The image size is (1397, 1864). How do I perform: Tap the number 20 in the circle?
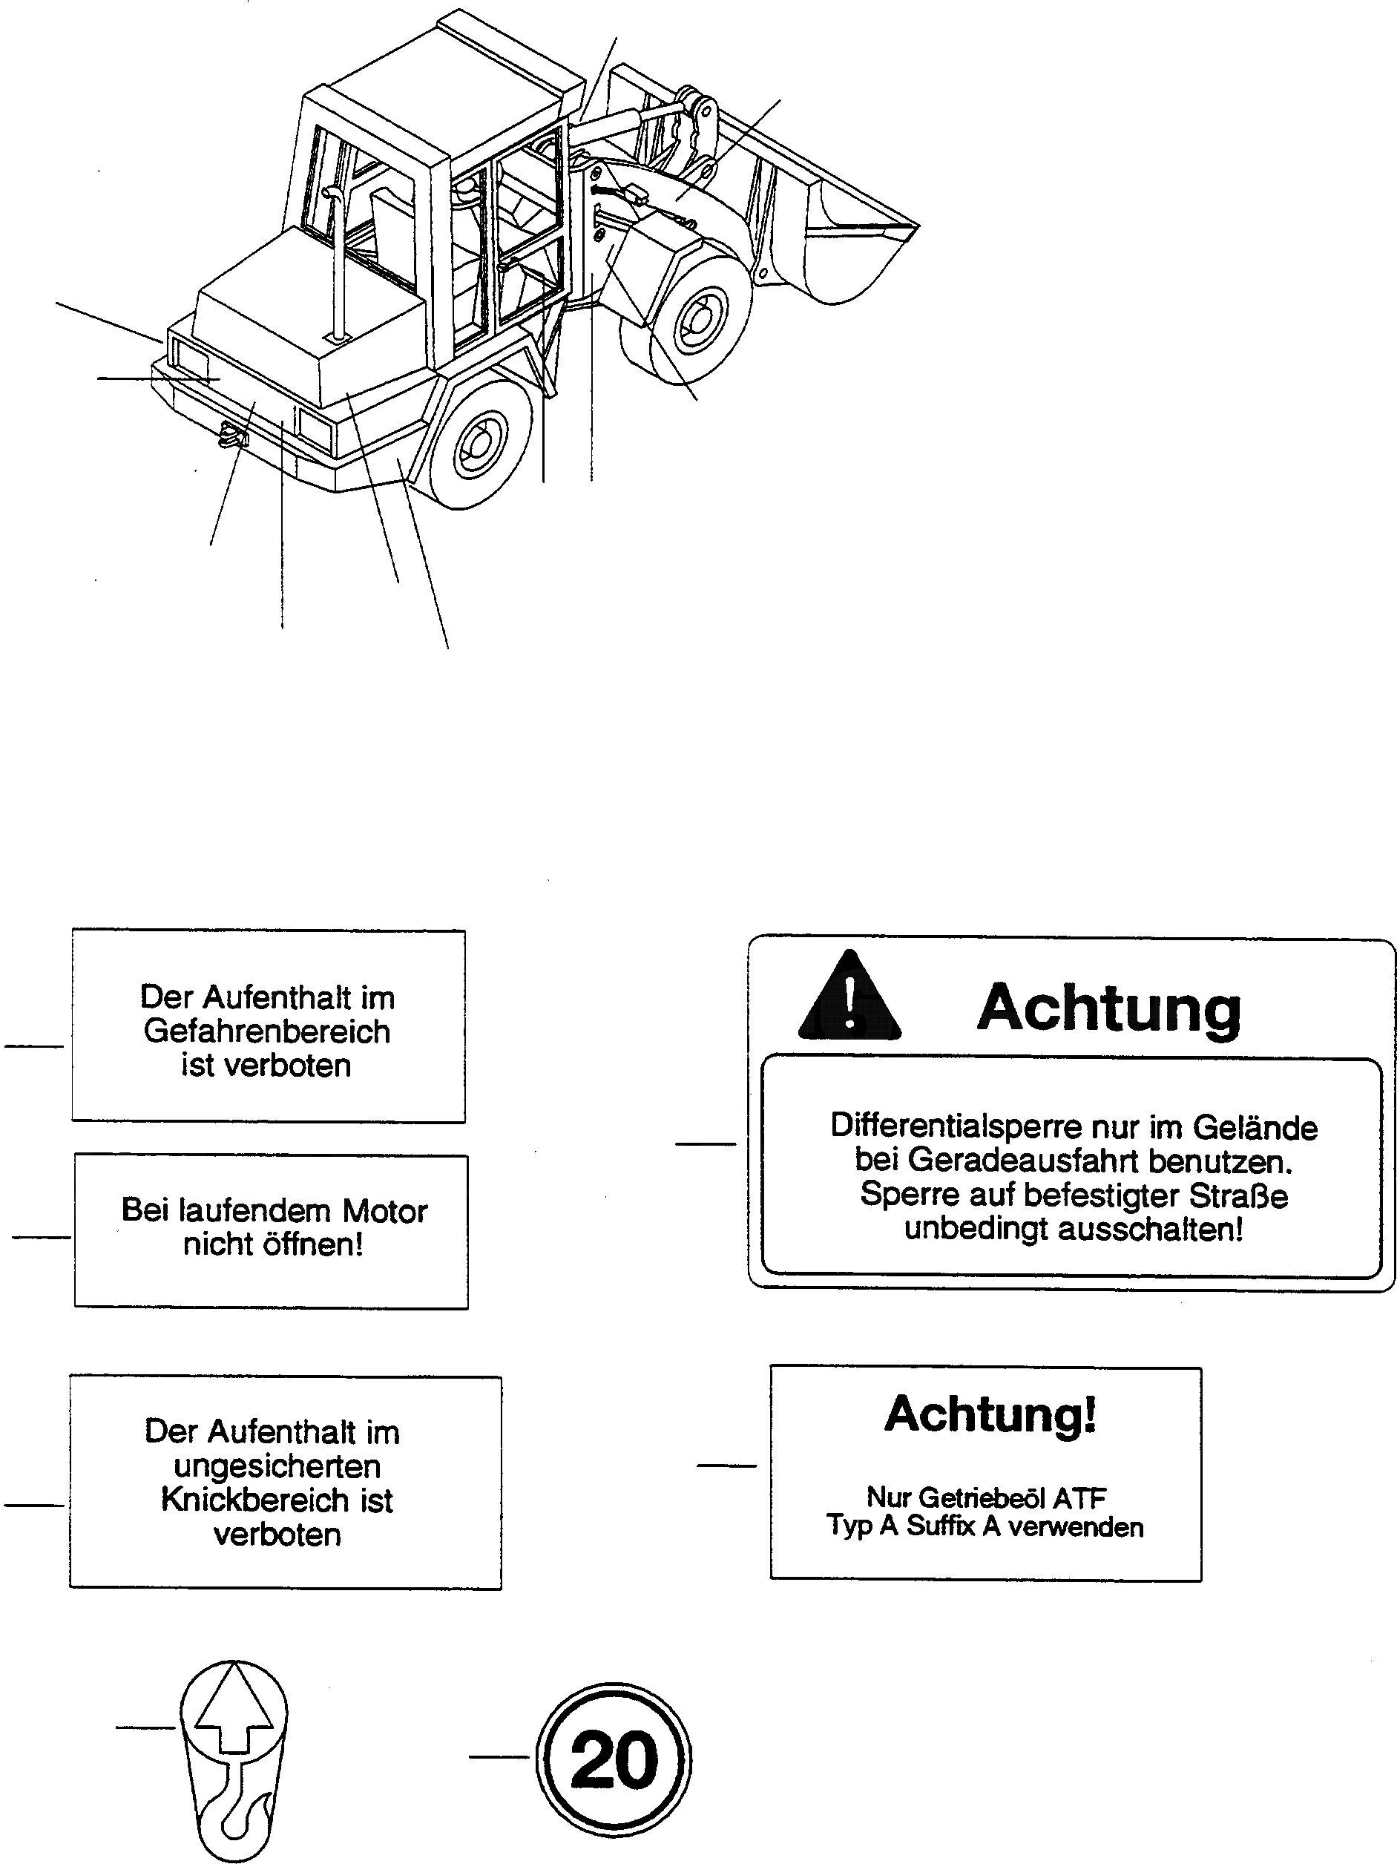point(614,1759)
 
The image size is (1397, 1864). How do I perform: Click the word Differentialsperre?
point(956,1126)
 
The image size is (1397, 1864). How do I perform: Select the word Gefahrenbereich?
point(267,1031)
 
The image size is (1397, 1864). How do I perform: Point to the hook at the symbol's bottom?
point(242,1813)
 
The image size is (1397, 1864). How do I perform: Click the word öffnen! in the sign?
point(312,1244)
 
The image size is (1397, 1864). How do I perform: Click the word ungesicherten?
point(277,1466)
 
